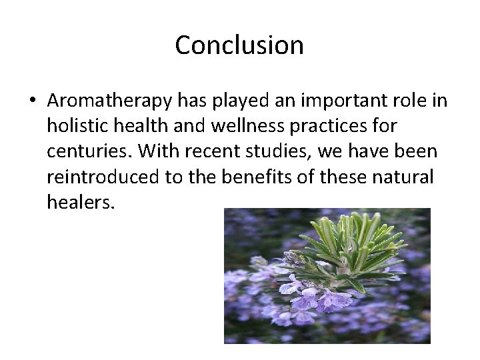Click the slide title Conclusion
(x=239, y=45)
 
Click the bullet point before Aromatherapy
(x=33, y=101)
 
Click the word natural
(x=407, y=177)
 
